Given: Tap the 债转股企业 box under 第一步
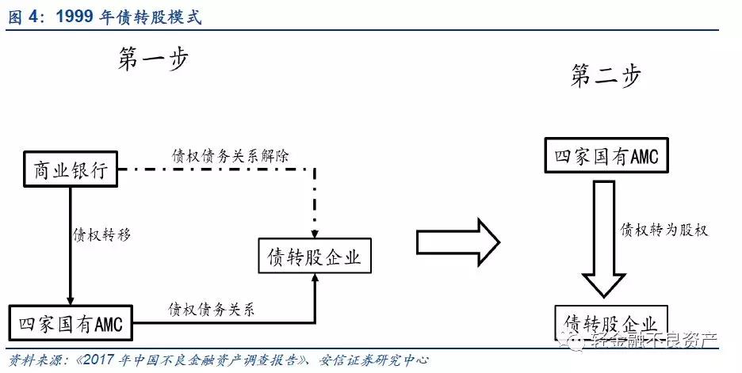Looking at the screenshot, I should point(314,257).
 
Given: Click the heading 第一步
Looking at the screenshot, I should point(154,60).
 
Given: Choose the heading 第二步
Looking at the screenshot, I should point(606,76).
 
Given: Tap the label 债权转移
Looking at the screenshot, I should point(101,234).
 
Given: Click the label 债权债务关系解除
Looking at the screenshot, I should point(230,155).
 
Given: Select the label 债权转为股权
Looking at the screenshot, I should point(664,230).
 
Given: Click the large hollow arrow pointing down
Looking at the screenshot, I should point(603,238).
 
